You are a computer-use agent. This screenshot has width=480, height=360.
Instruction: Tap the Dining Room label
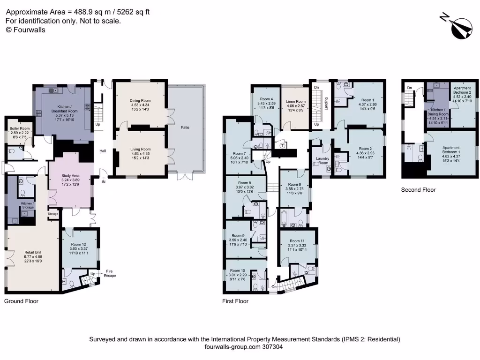[x=140, y=100]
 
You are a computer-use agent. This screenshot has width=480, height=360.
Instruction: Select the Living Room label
[x=140, y=150]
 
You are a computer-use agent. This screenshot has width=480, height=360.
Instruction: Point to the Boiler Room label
[x=19, y=128]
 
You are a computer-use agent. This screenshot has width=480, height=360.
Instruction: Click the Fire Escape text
[x=109, y=273]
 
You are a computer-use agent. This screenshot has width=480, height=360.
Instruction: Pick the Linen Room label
[x=296, y=102]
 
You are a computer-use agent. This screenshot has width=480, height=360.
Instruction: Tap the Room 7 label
[x=239, y=153]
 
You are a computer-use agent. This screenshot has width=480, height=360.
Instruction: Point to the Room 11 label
[x=297, y=241]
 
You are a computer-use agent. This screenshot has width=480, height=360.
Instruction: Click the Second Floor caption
[x=418, y=190]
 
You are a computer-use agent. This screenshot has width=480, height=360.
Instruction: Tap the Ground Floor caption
[x=21, y=301]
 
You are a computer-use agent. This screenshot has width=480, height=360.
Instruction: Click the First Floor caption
[x=235, y=301]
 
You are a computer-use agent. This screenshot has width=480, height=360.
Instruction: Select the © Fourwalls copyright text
[x=25, y=30]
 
